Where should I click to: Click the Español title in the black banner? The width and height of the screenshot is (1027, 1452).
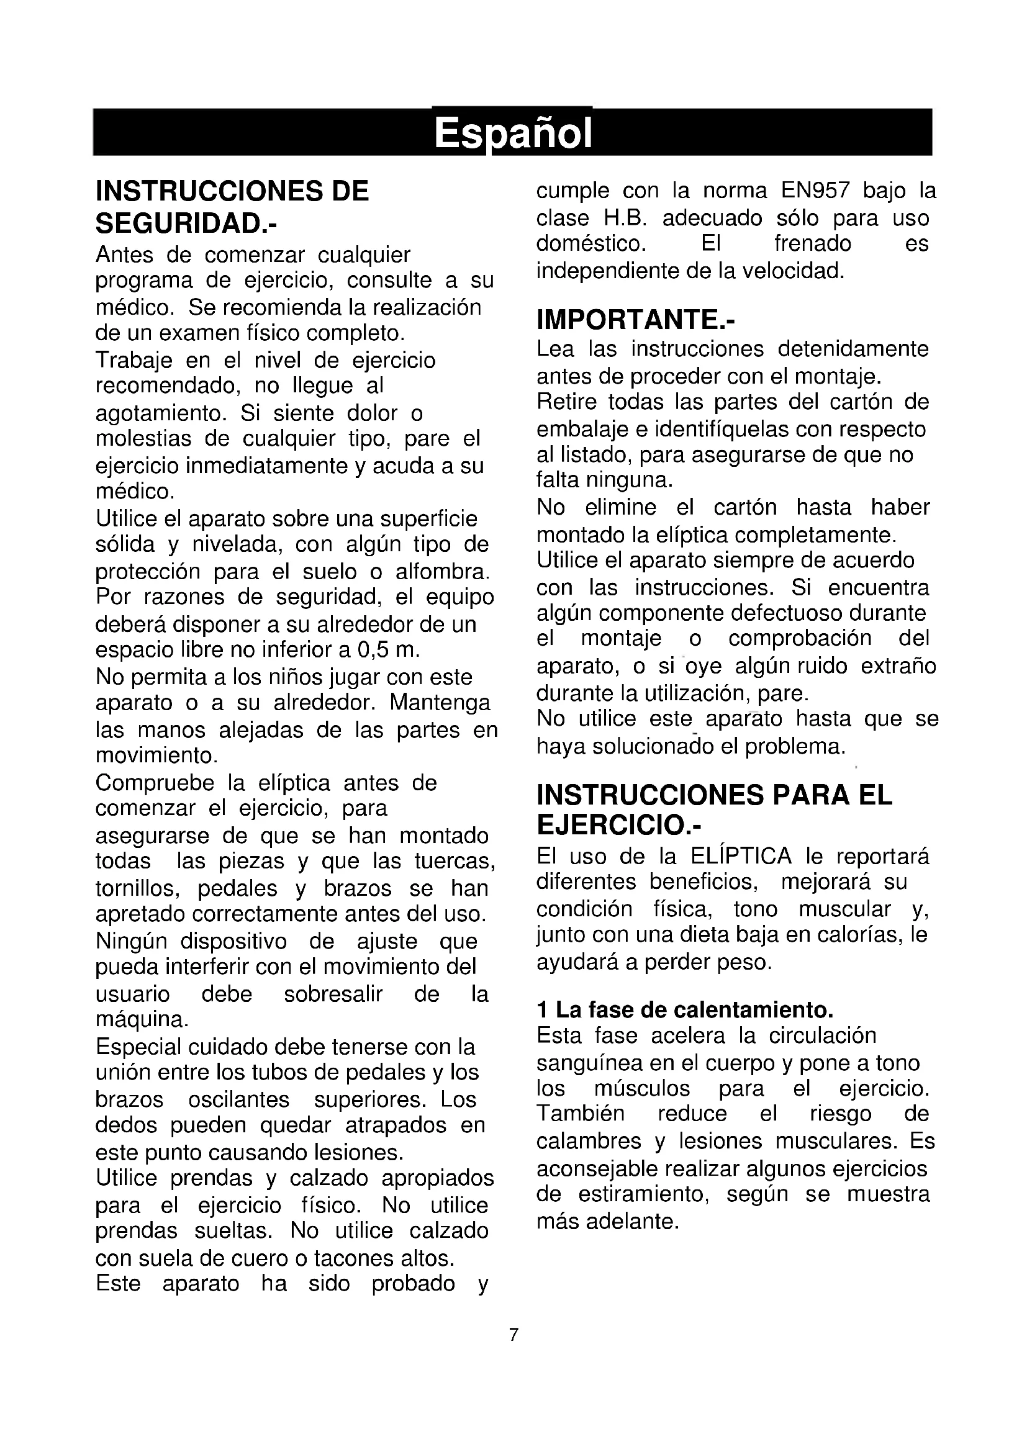point(513,133)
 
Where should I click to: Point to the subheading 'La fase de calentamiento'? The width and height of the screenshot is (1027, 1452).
point(694,1010)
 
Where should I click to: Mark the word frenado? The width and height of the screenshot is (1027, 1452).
point(813,244)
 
